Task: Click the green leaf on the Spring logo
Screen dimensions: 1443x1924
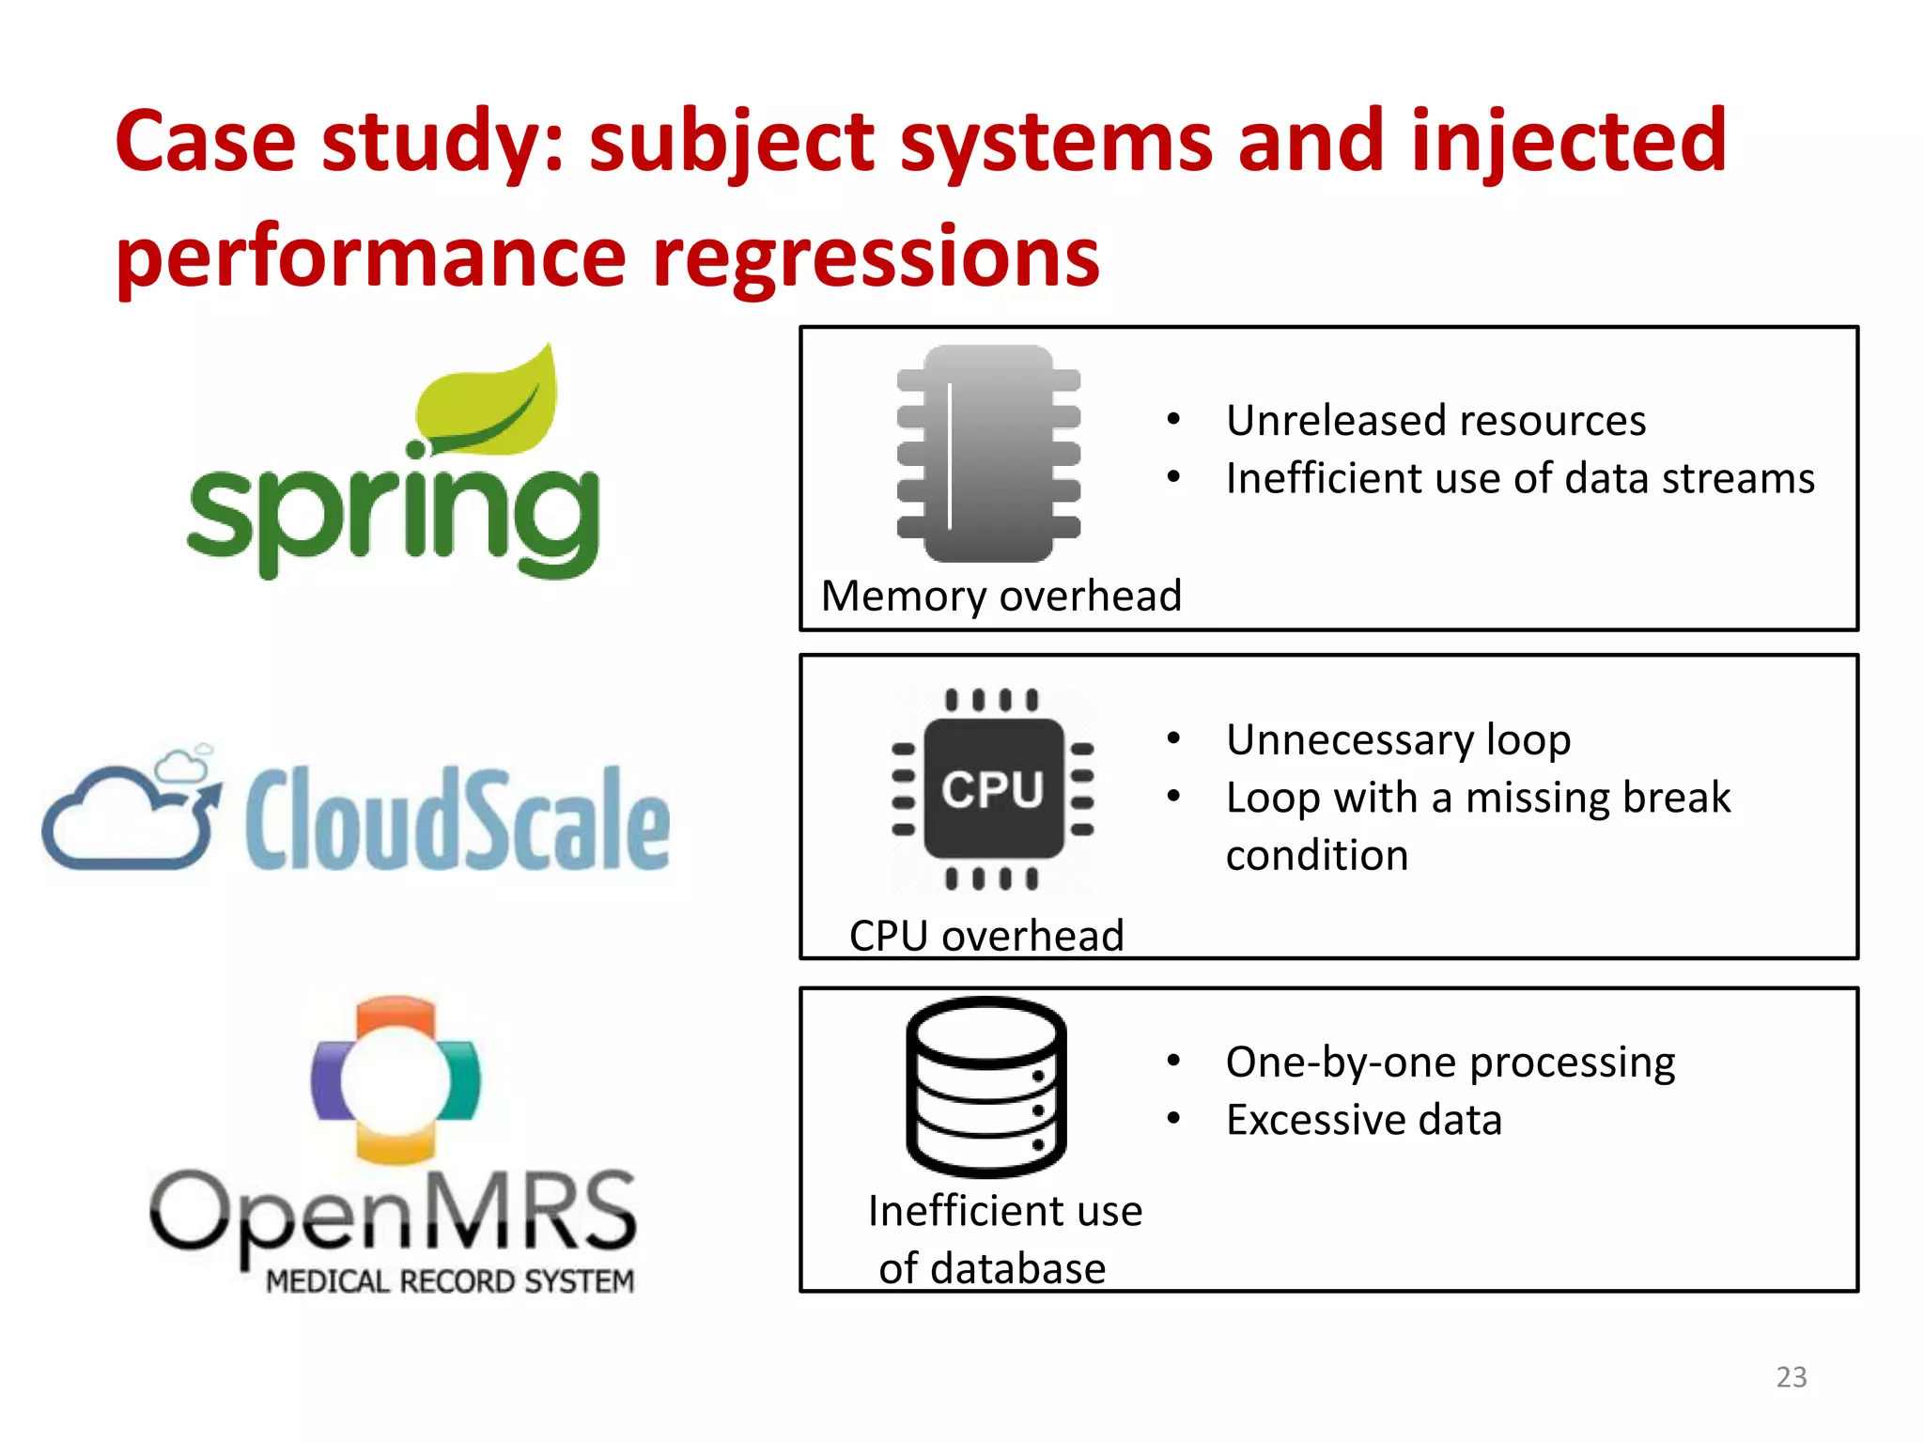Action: (x=489, y=404)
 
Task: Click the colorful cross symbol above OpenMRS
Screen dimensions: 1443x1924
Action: (x=396, y=1080)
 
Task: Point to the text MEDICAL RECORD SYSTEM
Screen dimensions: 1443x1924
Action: (x=450, y=1281)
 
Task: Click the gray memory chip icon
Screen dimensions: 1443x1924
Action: (x=988, y=454)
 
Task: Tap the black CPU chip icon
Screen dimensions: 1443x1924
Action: (x=993, y=789)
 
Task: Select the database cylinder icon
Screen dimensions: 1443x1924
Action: (x=986, y=1087)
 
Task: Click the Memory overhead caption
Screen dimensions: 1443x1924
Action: (x=1001, y=597)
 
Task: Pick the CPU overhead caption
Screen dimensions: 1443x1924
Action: (x=986, y=936)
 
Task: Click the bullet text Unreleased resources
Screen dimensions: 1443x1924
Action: (x=1435, y=420)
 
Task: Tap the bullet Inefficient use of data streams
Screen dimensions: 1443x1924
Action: (x=1520, y=478)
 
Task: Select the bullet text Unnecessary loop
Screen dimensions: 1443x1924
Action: (x=1398, y=740)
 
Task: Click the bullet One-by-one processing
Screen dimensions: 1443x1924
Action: (x=1451, y=1063)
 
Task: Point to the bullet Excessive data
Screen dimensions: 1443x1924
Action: (x=1364, y=1120)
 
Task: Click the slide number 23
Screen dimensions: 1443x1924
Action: (x=1792, y=1376)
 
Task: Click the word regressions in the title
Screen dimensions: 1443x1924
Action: (x=876, y=256)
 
